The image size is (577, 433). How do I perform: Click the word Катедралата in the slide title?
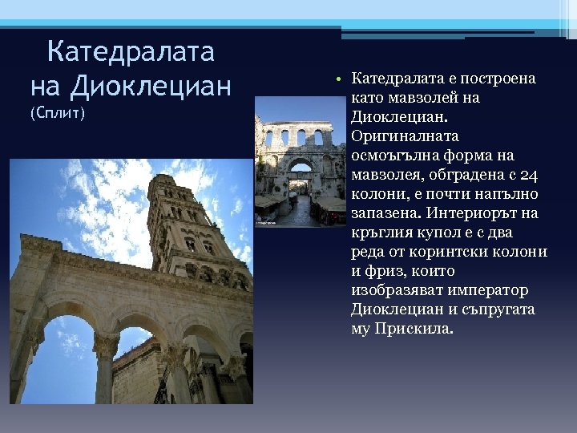[x=131, y=52]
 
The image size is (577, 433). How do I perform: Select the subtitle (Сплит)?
[x=57, y=112]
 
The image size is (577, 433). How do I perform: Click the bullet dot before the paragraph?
[x=340, y=79]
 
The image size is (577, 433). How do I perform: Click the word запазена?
[x=386, y=213]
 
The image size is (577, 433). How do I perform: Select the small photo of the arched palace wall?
[x=301, y=172]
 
